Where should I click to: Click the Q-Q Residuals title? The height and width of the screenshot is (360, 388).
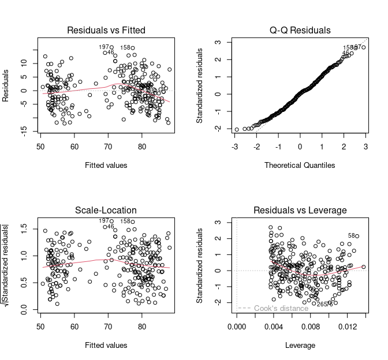pyautogui.click(x=300, y=30)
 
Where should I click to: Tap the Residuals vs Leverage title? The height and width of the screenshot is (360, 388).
pyautogui.click(x=300, y=210)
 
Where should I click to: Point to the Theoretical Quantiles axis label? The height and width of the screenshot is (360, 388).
pyautogui.click(x=300, y=166)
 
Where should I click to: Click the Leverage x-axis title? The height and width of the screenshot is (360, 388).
pyautogui.click(x=300, y=346)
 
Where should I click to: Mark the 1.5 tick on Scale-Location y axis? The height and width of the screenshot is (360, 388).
pyautogui.click(x=24, y=231)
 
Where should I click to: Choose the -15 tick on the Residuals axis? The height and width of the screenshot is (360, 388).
pyautogui.click(x=24, y=133)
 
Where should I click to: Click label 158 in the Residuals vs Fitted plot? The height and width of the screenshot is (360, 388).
pyautogui.click(x=125, y=48)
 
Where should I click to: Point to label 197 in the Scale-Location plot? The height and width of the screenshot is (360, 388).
pyautogui.click(x=104, y=221)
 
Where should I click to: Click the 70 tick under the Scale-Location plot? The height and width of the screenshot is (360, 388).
pyautogui.click(x=108, y=328)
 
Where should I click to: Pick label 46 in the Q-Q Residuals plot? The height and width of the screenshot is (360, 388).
pyautogui.click(x=345, y=54)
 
